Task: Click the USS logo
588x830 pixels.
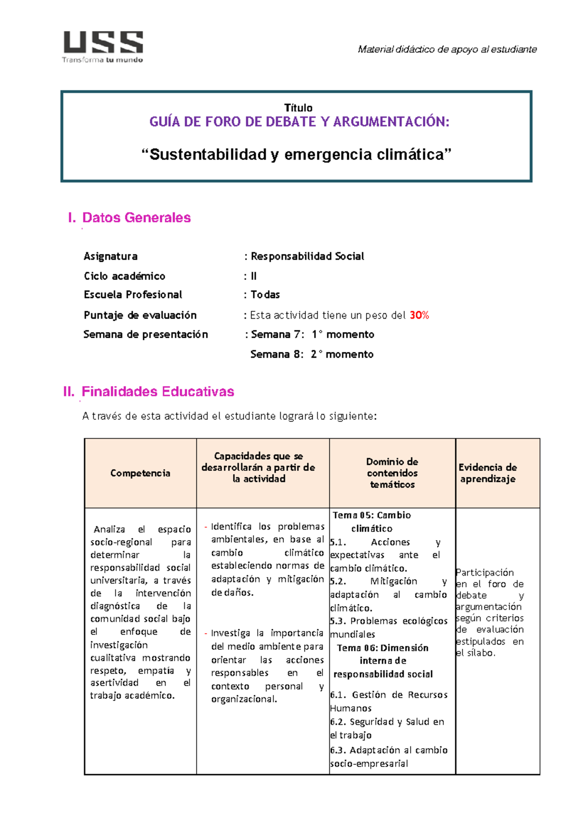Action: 103,46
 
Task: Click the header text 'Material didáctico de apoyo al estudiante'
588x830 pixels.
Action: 447,49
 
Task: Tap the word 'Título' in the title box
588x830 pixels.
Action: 298,108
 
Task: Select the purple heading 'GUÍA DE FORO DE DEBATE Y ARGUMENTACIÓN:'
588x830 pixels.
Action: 299,122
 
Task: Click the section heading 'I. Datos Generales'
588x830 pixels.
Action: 129,218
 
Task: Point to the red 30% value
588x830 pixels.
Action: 419,315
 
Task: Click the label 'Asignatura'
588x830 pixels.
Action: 110,256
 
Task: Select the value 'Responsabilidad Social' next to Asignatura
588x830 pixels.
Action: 307,256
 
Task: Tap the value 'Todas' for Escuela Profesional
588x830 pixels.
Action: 265,295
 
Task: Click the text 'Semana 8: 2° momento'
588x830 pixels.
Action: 312,354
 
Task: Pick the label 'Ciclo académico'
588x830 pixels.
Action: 124,276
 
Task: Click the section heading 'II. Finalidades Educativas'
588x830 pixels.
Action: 148,392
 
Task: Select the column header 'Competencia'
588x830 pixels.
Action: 140,473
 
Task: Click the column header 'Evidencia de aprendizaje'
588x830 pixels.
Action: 488,473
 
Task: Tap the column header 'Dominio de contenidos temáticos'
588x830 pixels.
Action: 392,473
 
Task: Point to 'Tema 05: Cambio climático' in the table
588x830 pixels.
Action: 371,522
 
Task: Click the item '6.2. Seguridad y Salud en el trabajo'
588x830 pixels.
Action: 387,728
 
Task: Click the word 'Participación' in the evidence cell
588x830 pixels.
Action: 485,573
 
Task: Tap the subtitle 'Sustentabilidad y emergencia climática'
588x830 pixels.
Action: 296,155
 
